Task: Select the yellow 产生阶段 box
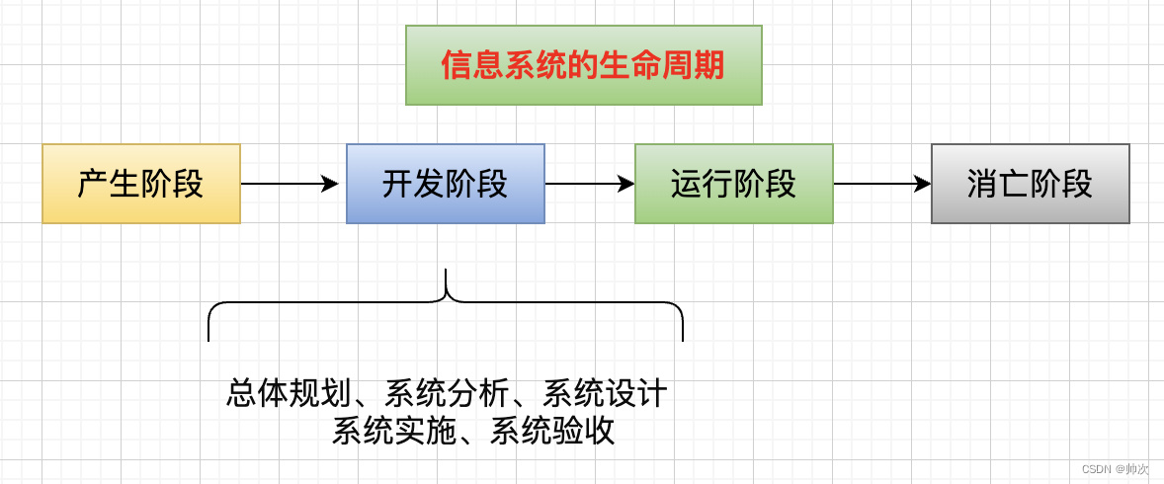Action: coord(141,184)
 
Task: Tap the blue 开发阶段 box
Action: coord(446,184)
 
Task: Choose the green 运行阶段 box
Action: coord(733,184)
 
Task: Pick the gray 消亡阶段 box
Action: coord(1030,184)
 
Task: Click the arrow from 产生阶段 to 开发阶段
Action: coord(289,184)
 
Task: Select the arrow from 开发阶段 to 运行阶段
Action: coord(589,184)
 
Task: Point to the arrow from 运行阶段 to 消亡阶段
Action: coord(881,184)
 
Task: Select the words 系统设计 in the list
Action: coord(605,394)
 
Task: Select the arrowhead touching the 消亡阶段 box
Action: coord(923,184)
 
